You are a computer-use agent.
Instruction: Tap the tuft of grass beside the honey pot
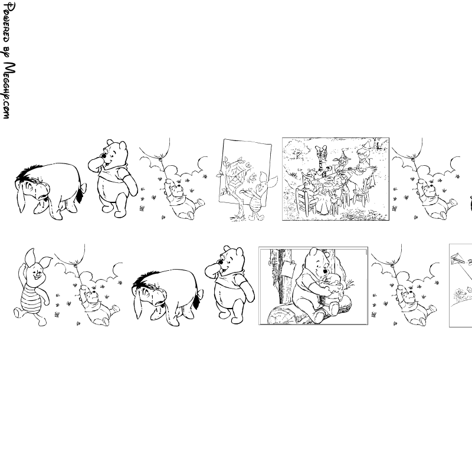349,284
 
